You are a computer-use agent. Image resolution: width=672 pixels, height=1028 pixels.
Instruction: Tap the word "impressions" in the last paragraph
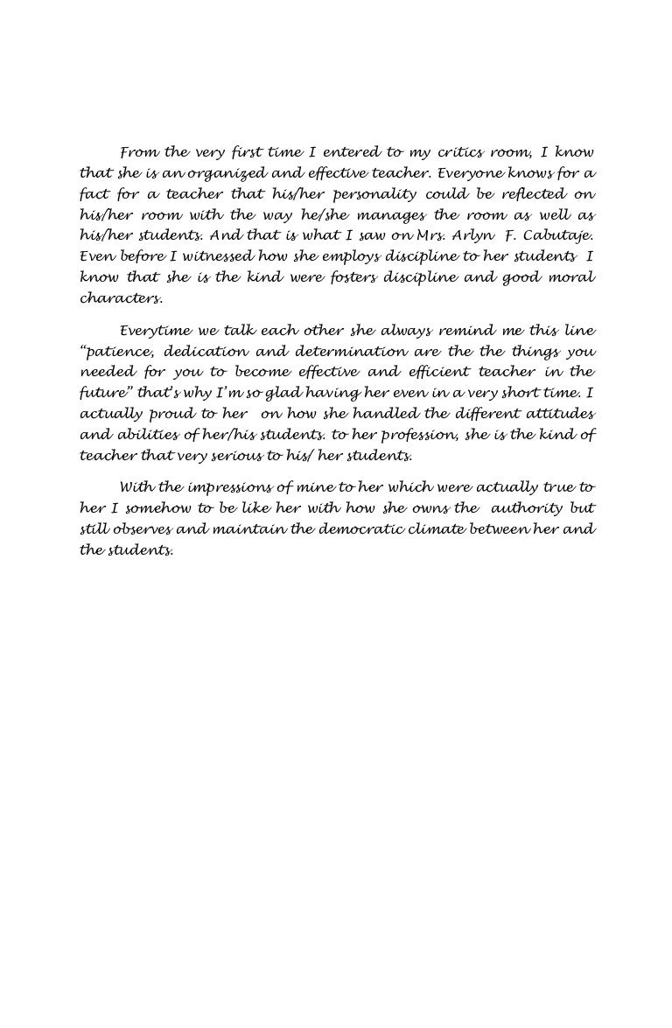pos(210,487)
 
